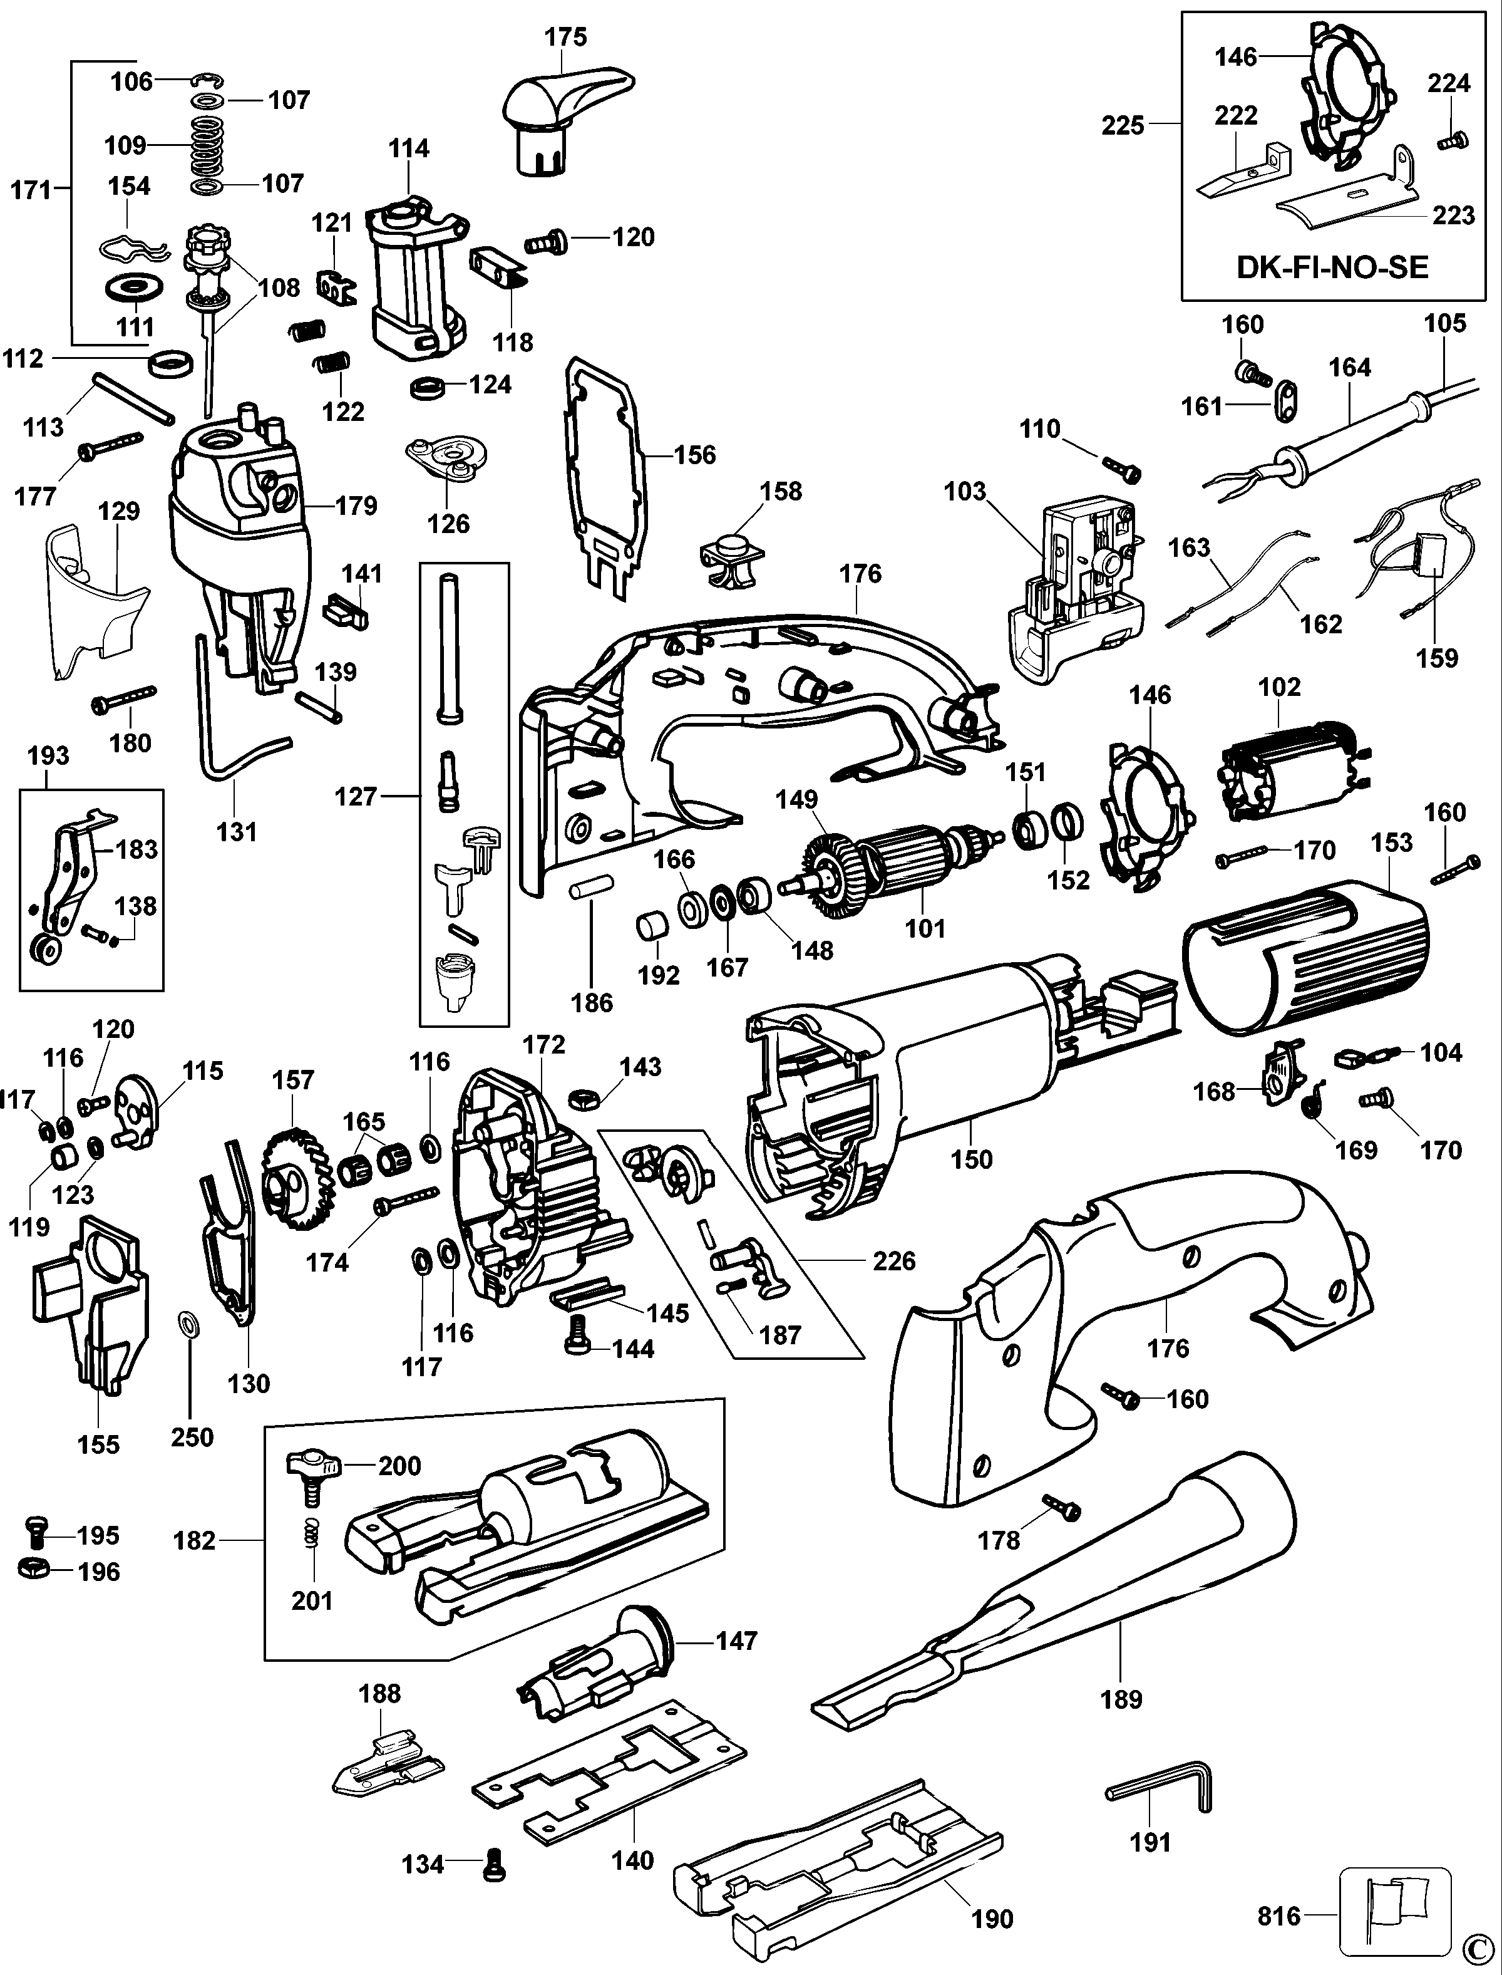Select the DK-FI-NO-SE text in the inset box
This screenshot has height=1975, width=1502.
coord(1332,267)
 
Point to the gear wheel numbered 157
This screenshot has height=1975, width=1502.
coord(295,1181)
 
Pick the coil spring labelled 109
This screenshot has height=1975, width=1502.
coord(207,145)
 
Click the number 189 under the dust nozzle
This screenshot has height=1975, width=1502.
coord(1121,1699)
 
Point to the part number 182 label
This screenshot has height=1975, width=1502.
coord(195,1540)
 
